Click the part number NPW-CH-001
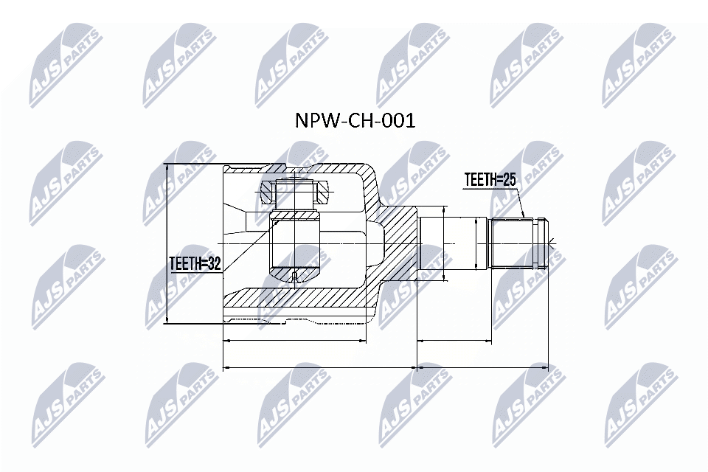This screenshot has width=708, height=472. pos(355,121)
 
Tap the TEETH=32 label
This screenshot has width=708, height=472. pos(195,264)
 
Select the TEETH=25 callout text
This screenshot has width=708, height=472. pos(490,180)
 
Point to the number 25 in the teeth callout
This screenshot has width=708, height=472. pos(510,180)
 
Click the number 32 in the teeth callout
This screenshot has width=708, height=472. pos(214,264)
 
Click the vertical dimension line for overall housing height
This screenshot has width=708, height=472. pos(167,244)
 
